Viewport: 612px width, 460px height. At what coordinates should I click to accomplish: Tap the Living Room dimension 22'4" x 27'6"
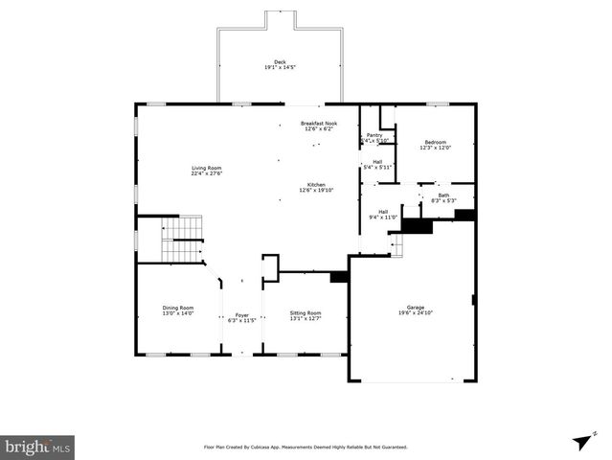click(x=206, y=174)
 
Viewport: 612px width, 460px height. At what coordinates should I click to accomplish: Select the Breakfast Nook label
click(x=319, y=123)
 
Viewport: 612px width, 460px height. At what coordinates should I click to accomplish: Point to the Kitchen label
click(x=316, y=184)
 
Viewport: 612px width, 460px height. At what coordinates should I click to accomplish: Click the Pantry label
click(x=374, y=135)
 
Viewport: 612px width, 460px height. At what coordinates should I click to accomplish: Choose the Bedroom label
click(x=435, y=142)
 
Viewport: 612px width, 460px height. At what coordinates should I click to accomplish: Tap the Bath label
click(x=443, y=195)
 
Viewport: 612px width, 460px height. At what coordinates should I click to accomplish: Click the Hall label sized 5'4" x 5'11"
click(x=377, y=161)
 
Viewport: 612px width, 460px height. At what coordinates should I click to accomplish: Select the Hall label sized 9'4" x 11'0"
click(x=383, y=212)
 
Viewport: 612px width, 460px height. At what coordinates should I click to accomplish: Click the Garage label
click(x=416, y=307)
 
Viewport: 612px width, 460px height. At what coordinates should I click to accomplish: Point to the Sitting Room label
click(x=306, y=312)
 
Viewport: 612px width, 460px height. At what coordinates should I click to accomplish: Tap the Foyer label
click(x=242, y=314)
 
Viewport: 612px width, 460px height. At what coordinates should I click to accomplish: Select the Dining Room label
click(x=177, y=308)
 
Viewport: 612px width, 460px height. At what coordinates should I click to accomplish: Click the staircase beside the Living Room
click(x=181, y=240)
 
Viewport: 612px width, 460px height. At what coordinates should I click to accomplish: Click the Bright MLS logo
click(x=38, y=447)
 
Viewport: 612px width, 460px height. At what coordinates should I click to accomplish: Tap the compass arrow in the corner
click(x=580, y=442)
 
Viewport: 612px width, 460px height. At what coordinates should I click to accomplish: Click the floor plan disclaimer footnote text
click(x=306, y=447)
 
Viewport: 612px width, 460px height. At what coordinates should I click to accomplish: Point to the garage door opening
click(x=416, y=382)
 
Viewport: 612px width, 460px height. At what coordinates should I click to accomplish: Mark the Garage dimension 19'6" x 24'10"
click(x=416, y=313)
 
